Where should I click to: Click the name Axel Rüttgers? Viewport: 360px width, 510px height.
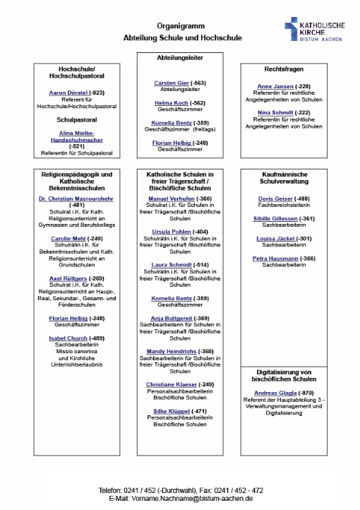pos(67,278)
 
